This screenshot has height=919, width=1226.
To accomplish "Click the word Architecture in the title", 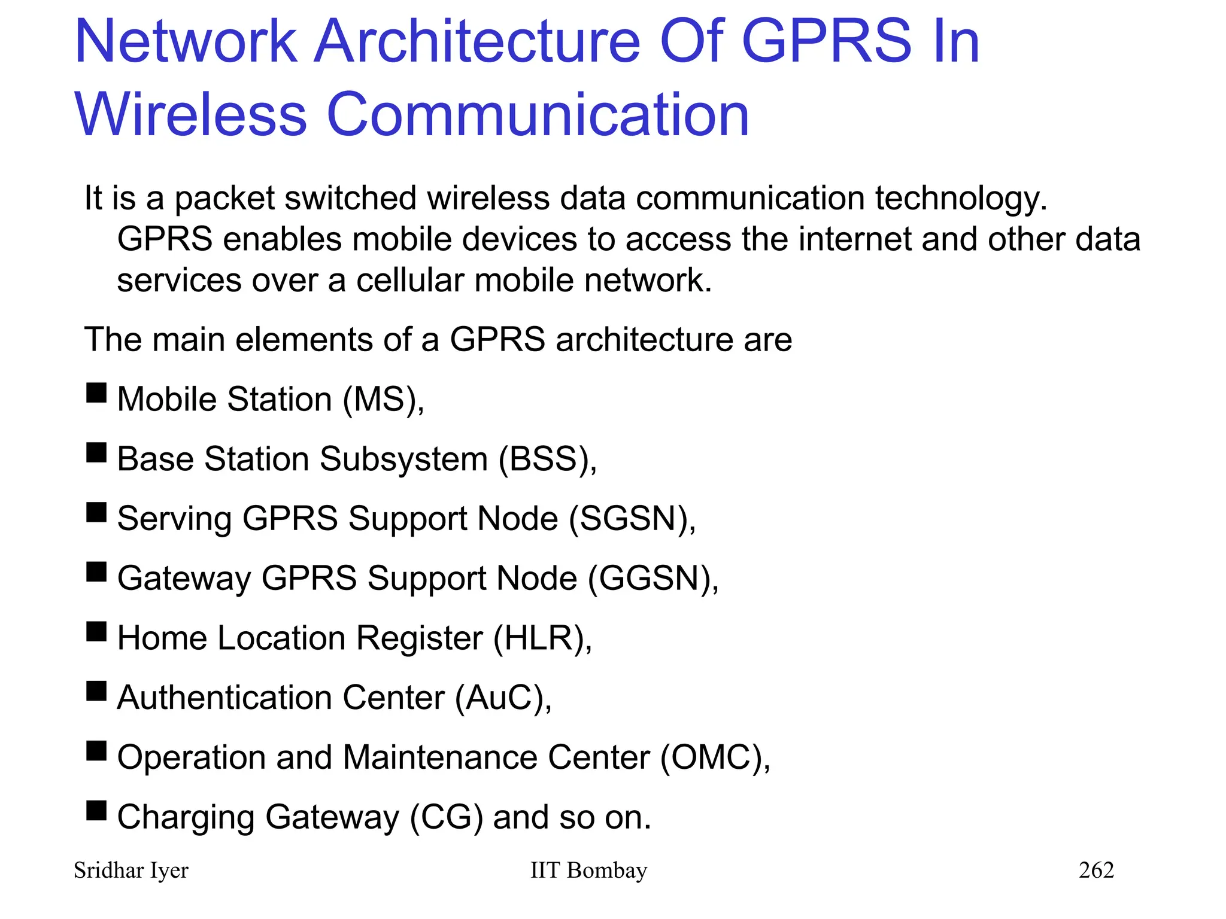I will coord(477,41).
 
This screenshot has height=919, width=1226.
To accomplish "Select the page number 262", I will coord(1096,870).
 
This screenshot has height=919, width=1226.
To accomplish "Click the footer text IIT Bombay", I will coord(588,871).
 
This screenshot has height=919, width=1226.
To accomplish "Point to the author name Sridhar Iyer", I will coord(131,871).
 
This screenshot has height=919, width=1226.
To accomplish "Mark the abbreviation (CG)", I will coord(447,817).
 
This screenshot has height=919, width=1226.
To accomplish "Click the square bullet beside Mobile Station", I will coord(96,393).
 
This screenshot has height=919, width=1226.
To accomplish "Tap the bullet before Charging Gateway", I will coord(96,811).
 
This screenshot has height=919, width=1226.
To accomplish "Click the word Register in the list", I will coord(420,638).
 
